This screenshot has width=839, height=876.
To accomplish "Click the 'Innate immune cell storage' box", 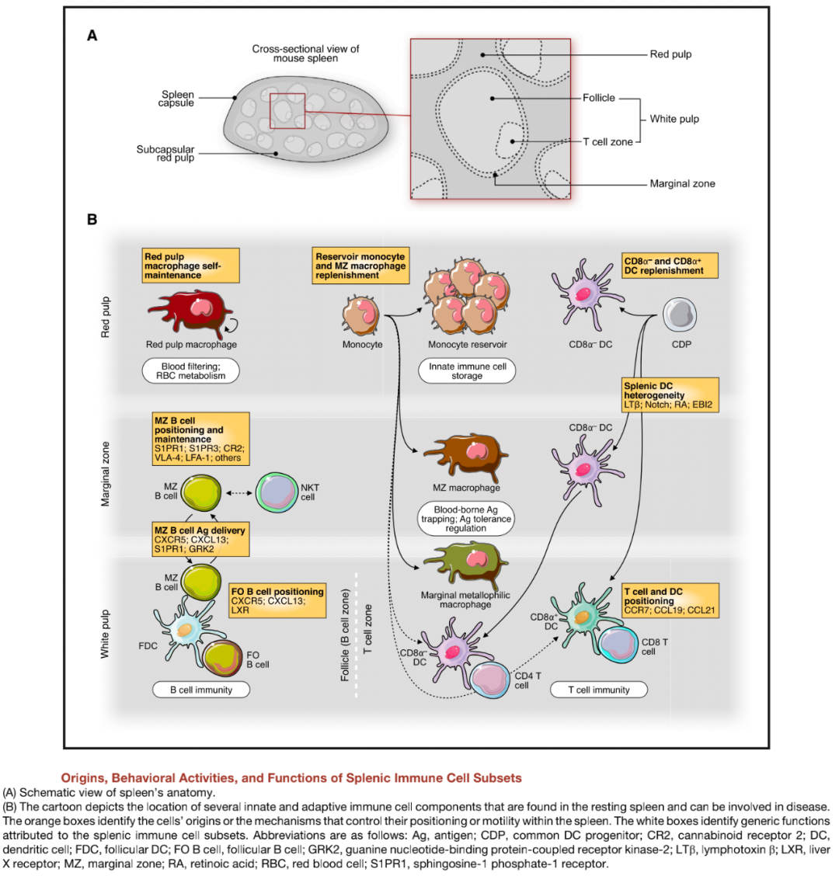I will (x=466, y=370).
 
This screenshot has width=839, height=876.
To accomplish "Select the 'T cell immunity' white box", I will (x=601, y=689).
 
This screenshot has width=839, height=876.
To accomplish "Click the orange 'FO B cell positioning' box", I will (x=277, y=601).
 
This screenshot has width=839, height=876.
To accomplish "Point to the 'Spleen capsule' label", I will (x=176, y=99).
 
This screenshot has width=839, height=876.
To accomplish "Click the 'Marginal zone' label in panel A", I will (x=682, y=184).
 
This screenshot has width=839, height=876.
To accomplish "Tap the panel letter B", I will (x=92, y=220).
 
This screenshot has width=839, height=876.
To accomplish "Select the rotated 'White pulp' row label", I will (x=106, y=634).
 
